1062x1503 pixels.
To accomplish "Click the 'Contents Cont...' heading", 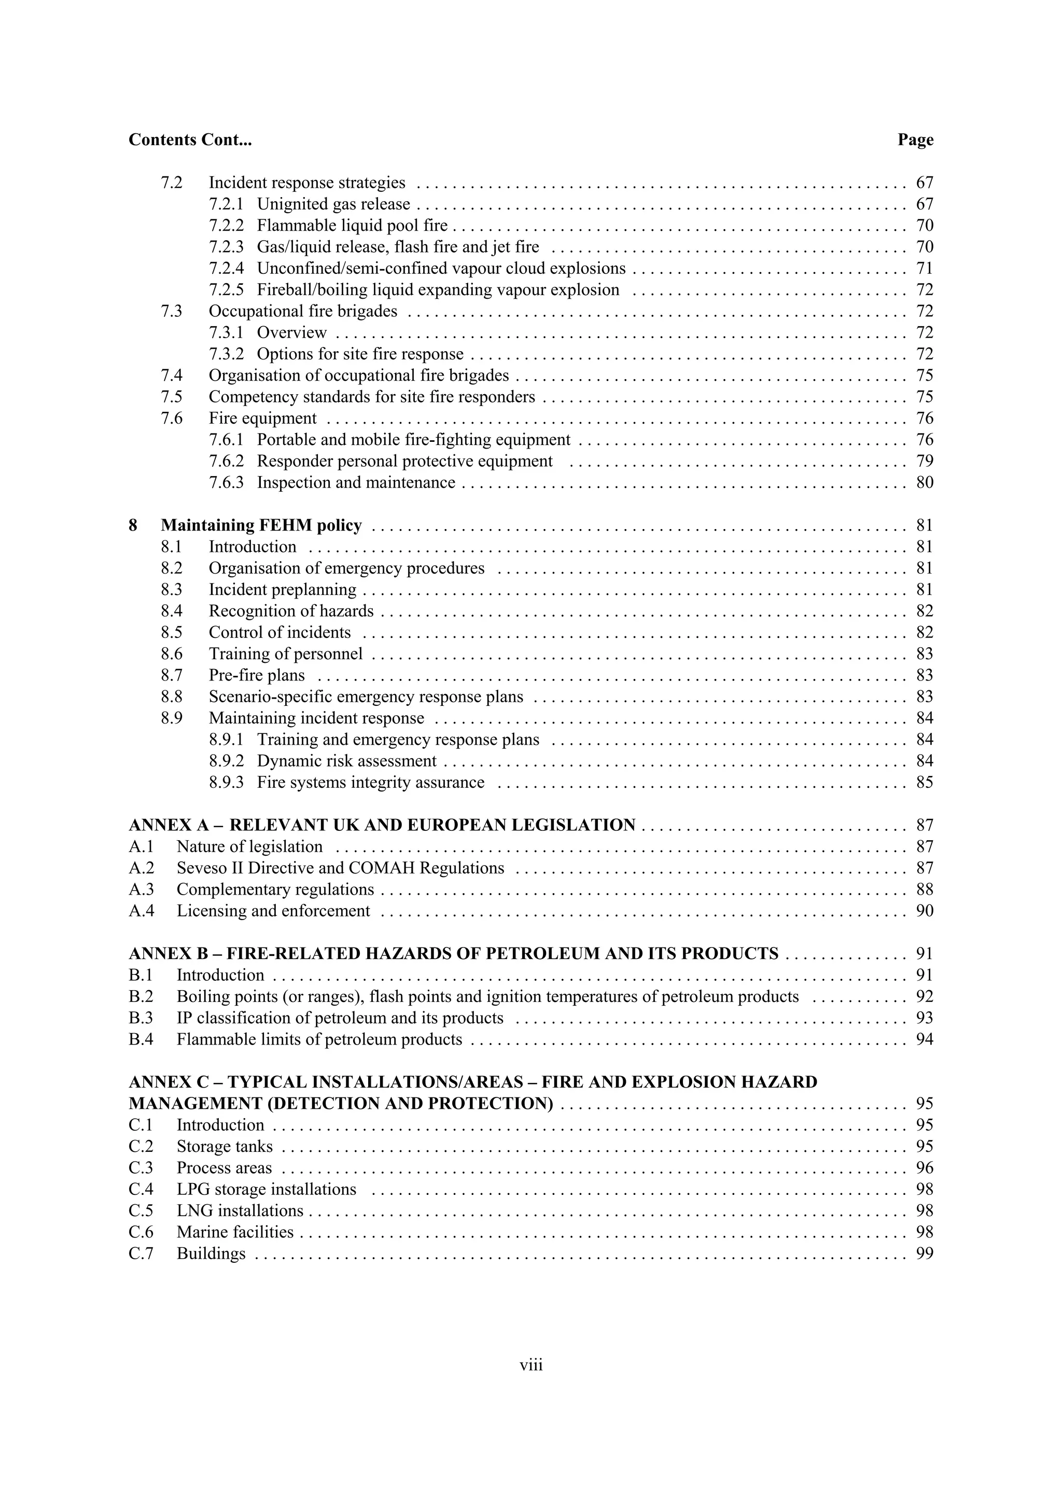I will pyautogui.click(x=190, y=140).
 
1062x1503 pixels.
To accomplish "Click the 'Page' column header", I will pyautogui.click(x=915, y=140).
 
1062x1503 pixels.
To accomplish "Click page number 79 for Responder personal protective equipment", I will pyautogui.click(x=924, y=461).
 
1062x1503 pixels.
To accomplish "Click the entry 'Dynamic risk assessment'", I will pyautogui.click(x=346, y=761).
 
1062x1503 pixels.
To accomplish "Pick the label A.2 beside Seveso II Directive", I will pyautogui.click(x=142, y=868).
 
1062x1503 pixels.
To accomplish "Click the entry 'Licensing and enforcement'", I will pyautogui.click(x=273, y=911).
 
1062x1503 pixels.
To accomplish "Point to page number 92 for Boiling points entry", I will pyautogui.click(x=924, y=996).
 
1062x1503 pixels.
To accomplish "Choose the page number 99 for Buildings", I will pyautogui.click(x=924, y=1254).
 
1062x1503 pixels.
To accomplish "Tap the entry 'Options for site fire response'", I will pyautogui.click(x=360, y=354).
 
